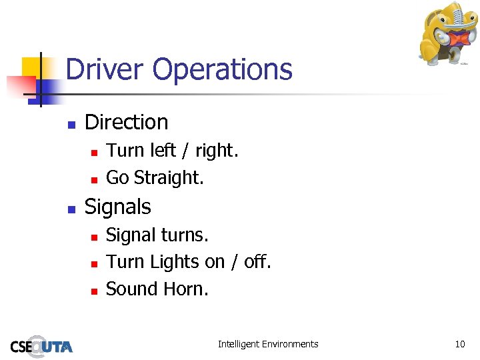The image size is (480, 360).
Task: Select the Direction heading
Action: (127, 122)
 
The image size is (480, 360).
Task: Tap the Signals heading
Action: (118, 207)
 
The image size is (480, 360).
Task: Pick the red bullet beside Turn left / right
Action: (94, 153)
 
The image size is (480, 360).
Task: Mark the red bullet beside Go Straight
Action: (94, 179)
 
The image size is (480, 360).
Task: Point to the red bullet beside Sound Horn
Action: (94, 291)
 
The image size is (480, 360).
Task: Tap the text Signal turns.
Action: (157, 235)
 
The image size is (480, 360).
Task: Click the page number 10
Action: (459, 344)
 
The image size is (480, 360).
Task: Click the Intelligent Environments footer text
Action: (268, 344)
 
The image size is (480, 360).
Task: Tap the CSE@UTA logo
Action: (41, 345)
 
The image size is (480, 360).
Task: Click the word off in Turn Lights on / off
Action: (257, 262)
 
